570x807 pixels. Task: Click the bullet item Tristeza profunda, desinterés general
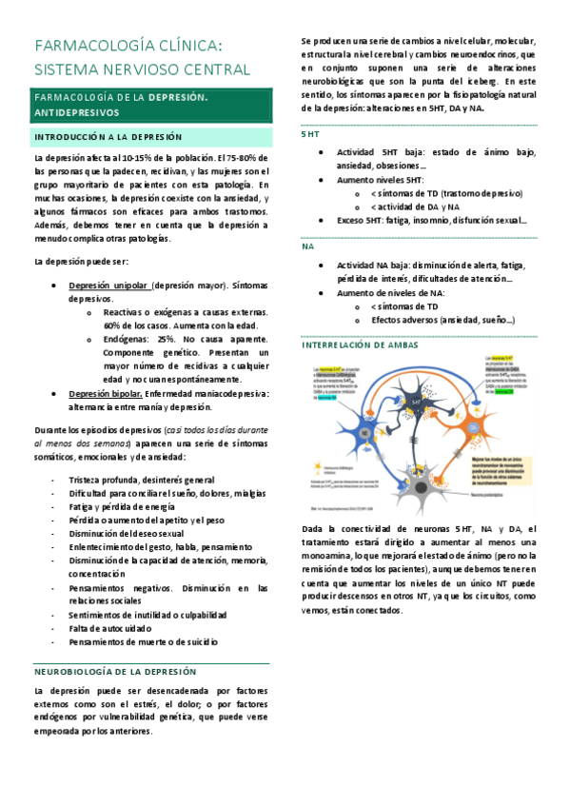[142, 480]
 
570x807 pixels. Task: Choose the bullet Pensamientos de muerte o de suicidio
[143, 642]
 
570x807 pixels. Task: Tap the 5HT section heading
[309, 135]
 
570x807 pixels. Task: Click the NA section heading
[307, 246]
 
